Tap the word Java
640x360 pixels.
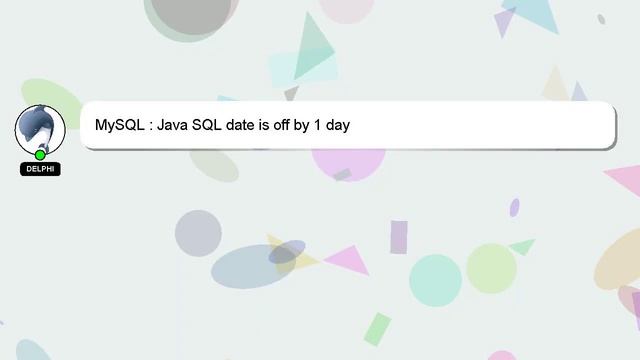coord(175,126)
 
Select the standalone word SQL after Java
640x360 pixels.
coord(212,126)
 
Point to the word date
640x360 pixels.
coord(250,126)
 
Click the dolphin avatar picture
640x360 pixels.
coord(40,128)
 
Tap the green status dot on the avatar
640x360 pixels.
coord(40,154)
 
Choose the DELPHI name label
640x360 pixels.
coord(40,169)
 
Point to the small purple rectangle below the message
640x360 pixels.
coord(399,237)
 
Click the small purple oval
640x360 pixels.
coord(514,207)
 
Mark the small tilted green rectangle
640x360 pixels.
coord(377,329)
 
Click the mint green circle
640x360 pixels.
coord(435,280)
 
